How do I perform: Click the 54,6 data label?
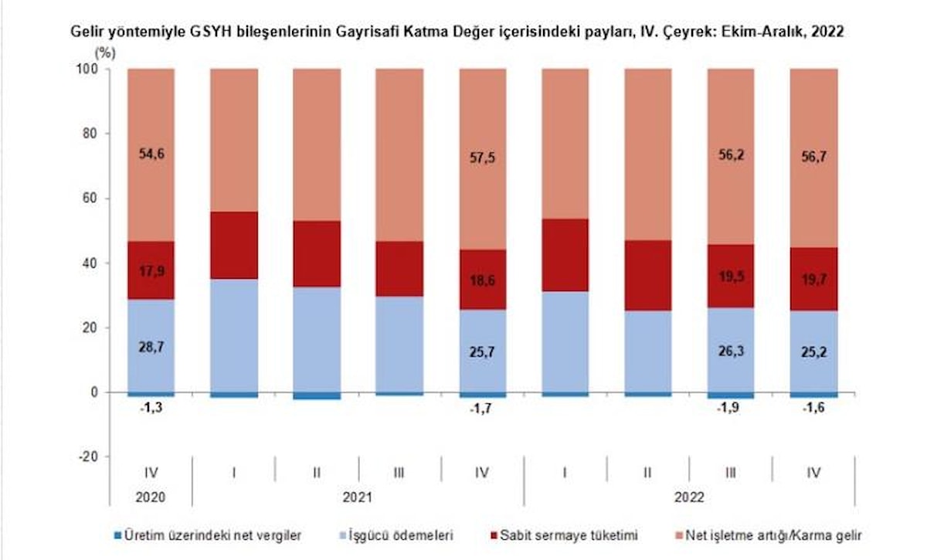[151, 154]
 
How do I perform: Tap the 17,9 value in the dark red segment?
[151, 270]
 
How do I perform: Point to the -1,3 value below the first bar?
[151, 407]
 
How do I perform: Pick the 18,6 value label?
[483, 280]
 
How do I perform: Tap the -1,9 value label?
[731, 409]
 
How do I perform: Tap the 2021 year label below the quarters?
[358, 499]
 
